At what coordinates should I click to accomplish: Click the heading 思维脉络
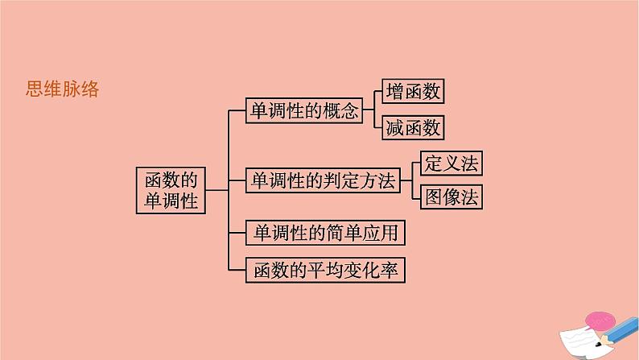(63, 90)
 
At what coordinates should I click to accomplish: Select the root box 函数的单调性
(170, 190)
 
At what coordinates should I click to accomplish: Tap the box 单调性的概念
(304, 110)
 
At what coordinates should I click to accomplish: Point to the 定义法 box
(451, 163)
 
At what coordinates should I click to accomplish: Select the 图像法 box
(451, 197)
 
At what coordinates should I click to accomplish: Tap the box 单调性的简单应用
(325, 234)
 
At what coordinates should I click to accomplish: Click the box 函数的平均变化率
(325, 271)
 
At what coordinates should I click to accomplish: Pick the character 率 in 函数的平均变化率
(390, 271)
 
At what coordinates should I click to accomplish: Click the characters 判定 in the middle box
(348, 181)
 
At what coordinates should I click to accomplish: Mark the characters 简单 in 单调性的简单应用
(348, 234)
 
